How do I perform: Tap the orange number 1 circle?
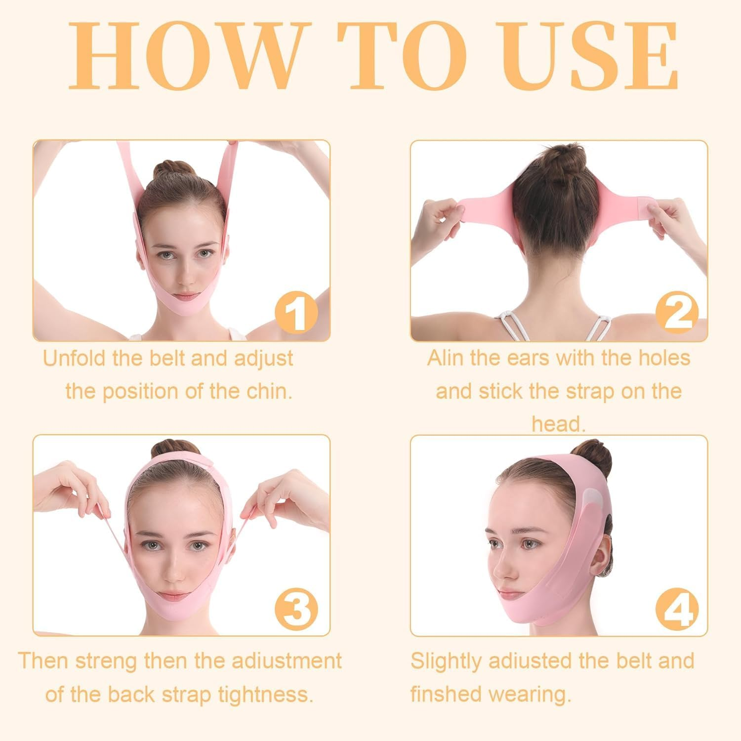(296, 312)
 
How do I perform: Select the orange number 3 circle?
(296, 608)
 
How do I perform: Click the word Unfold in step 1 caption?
(75, 358)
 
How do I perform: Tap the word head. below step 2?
(558, 424)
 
